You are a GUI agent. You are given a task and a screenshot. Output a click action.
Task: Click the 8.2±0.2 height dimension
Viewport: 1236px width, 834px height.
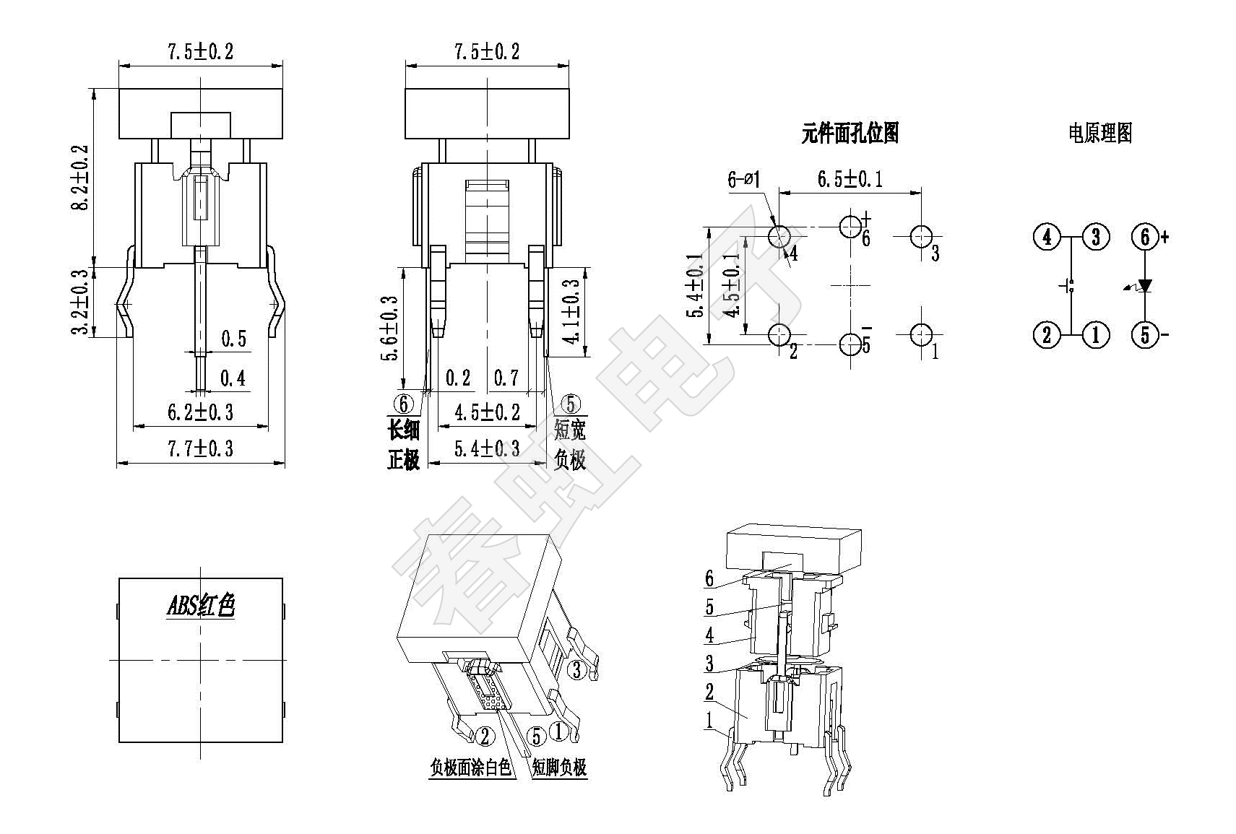pos(81,178)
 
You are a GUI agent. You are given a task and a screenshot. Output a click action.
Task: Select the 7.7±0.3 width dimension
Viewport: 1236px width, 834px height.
pos(200,449)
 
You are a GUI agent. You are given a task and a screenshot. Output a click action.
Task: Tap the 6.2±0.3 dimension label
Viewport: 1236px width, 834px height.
pos(200,412)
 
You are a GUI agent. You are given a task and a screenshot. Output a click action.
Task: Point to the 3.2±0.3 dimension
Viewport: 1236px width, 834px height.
pos(81,302)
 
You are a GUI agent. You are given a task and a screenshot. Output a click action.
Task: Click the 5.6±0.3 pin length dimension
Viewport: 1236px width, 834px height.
pos(389,328)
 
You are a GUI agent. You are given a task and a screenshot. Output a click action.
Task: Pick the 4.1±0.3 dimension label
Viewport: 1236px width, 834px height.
pos(572,312)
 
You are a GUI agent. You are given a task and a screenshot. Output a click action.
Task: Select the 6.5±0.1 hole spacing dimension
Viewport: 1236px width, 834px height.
pos(850,179)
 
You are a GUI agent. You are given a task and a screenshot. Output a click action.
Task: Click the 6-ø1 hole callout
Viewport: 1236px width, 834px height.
pos(744,179)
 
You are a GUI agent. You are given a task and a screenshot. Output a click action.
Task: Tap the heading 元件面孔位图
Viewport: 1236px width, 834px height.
pos(850,133)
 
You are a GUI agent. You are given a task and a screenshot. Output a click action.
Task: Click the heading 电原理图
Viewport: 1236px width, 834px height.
pos(1100,133)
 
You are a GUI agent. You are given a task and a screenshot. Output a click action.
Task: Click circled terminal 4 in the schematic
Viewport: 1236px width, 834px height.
pos(1047,237)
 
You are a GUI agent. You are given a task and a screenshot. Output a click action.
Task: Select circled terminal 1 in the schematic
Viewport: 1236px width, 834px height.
pos(1095,334)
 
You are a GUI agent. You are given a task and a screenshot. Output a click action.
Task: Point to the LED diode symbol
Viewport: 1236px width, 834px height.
pos(1145,286)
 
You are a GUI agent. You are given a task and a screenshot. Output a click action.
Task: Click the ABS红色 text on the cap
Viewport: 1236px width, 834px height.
pos(201,607)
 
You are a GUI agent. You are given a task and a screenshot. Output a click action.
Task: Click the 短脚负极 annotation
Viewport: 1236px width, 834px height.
pos(559,768)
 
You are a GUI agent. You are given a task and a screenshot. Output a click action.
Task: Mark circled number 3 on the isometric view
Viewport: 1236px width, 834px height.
pos(576,669)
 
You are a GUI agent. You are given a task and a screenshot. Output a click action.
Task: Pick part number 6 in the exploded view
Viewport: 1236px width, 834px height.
pos(709,578)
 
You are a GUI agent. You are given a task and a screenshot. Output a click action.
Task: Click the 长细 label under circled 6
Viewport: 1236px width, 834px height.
pos(404,430)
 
